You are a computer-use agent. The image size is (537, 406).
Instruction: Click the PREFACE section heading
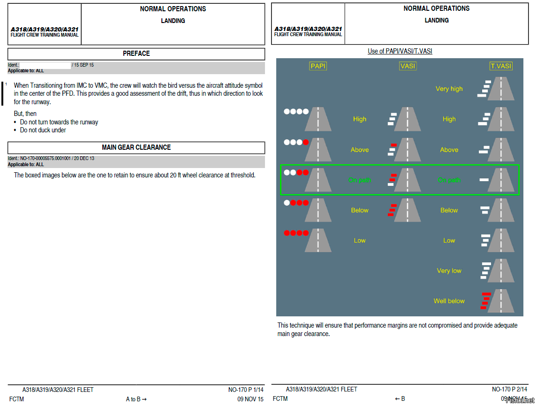(x=136, y=54)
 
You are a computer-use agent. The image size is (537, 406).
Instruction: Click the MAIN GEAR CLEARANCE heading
(x=136, y=147)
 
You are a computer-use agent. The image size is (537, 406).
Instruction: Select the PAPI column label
(x=318, y=66)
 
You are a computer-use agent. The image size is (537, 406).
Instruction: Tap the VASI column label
(x=408, y=66)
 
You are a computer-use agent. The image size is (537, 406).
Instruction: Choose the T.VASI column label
(x=501, y=66)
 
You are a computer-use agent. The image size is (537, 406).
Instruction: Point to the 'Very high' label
(x=449, y=89)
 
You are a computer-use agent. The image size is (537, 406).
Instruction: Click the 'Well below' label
(x=449, y=301)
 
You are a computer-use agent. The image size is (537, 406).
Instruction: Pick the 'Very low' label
(x=449, y=271)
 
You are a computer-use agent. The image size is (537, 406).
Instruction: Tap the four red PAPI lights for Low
(x=296, y=233)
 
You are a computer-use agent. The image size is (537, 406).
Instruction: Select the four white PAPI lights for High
(x=296, y=111)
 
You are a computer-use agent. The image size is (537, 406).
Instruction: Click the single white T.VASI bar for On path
(x=484, y=180)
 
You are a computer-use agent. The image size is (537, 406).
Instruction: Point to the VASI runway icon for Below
(x=408, y=210)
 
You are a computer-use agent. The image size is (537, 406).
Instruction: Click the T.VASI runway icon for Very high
(x=501, y=88)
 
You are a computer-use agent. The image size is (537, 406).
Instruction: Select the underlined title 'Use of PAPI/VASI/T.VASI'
(x=400, y=51)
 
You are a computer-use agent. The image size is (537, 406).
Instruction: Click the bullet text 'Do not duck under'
(x=43, y=130)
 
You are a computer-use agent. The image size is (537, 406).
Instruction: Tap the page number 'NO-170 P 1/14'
(x=246, y=390)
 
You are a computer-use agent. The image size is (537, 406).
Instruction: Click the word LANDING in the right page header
(x=437, y=20)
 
